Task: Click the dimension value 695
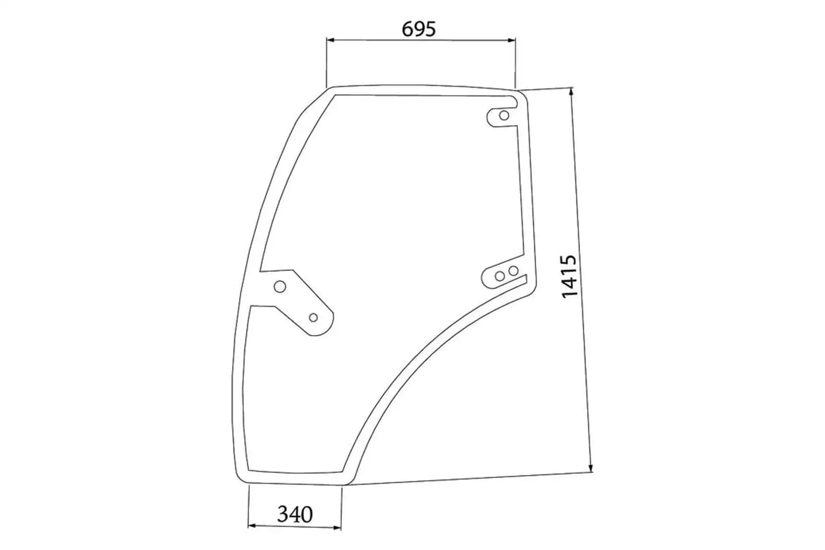[x=419, y=29]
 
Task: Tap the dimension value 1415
[x=569, y=276]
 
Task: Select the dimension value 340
[x=295, y=514]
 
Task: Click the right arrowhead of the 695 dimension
[x=511, y=40]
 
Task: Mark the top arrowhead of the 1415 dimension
[x=571, y=92]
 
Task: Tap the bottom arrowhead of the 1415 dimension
[x=590, y=467]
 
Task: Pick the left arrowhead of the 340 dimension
[x=253, y=526]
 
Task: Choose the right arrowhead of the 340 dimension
[x=337, y=527]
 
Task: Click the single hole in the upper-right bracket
[x=504, y=116]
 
